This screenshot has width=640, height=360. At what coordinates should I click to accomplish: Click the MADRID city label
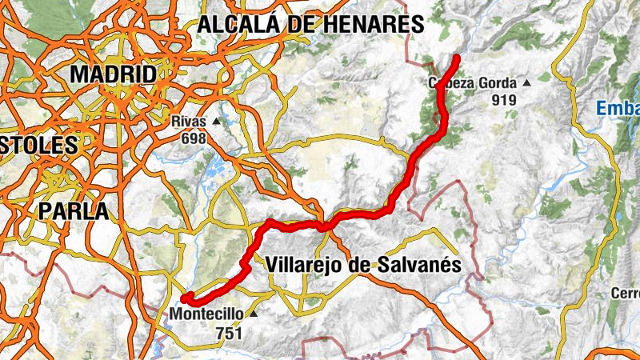(113, 75)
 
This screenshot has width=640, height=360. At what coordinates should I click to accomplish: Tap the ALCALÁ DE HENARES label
(310, 24)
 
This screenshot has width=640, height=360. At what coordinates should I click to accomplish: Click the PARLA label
(74, 211)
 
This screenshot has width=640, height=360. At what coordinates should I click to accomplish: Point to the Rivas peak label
(189, 122)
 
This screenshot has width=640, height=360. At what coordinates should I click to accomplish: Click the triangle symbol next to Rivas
(216, 122)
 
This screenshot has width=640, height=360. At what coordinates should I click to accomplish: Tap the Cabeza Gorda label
(472, 83)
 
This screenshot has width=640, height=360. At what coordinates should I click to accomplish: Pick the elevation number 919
(504, 100)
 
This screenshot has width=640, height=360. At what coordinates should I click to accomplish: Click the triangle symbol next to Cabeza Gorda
(526, 83)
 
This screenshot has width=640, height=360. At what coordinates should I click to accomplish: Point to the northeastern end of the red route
(457, 57)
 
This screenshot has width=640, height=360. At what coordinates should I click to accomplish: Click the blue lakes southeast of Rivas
(214, 169)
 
